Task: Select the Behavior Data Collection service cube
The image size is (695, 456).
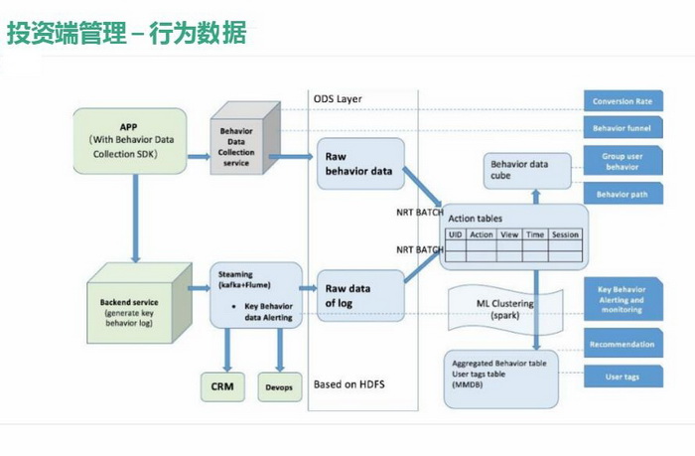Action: pyautogui.click(x=235, y=146)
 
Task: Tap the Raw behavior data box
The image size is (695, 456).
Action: pyautogui.click(x=358, y=164)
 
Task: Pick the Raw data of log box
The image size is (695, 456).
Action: pyautogui.click(x=358, y=295)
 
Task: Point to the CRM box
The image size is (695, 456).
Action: pyautogui.click(x=221, y=384)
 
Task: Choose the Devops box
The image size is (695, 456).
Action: pyautogui.click(x=280, y=384)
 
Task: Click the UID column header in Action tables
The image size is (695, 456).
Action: pyautogui.click(x=456, y=234)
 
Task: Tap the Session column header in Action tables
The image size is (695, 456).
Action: pyautogui.click(x=564, y=234)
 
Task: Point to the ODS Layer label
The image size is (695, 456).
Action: pyautogui.click(x=338, y=99)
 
